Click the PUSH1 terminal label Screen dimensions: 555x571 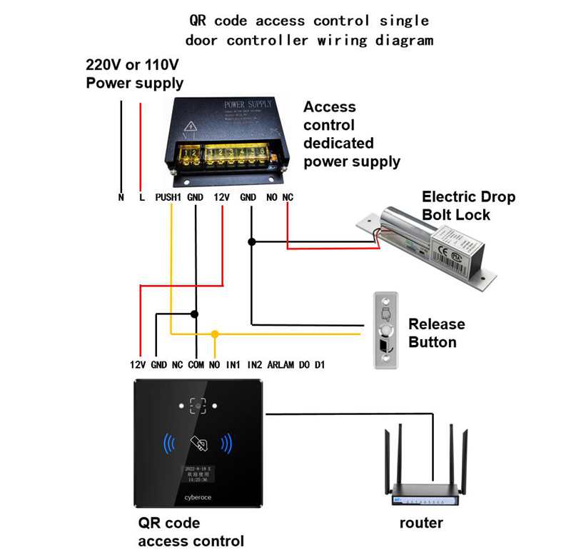tap(168, 197)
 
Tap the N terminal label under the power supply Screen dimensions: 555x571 tap(121, 197)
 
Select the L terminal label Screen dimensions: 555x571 tap(141, 197)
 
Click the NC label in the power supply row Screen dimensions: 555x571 tap(288, 197)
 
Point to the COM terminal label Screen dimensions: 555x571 tap(196, 365)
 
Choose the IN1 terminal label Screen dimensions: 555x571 tap(233, 365)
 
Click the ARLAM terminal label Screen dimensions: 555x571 tap(281, 365)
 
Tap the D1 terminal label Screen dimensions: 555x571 tap(320, 365)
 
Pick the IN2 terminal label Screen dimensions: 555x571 tap(255, 365)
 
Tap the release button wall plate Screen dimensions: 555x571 tap(385, 330)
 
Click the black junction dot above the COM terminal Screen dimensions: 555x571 tap(195, 314)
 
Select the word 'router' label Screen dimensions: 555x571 tap(421, 523)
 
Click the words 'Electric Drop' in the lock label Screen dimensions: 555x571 tap(468, 197)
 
